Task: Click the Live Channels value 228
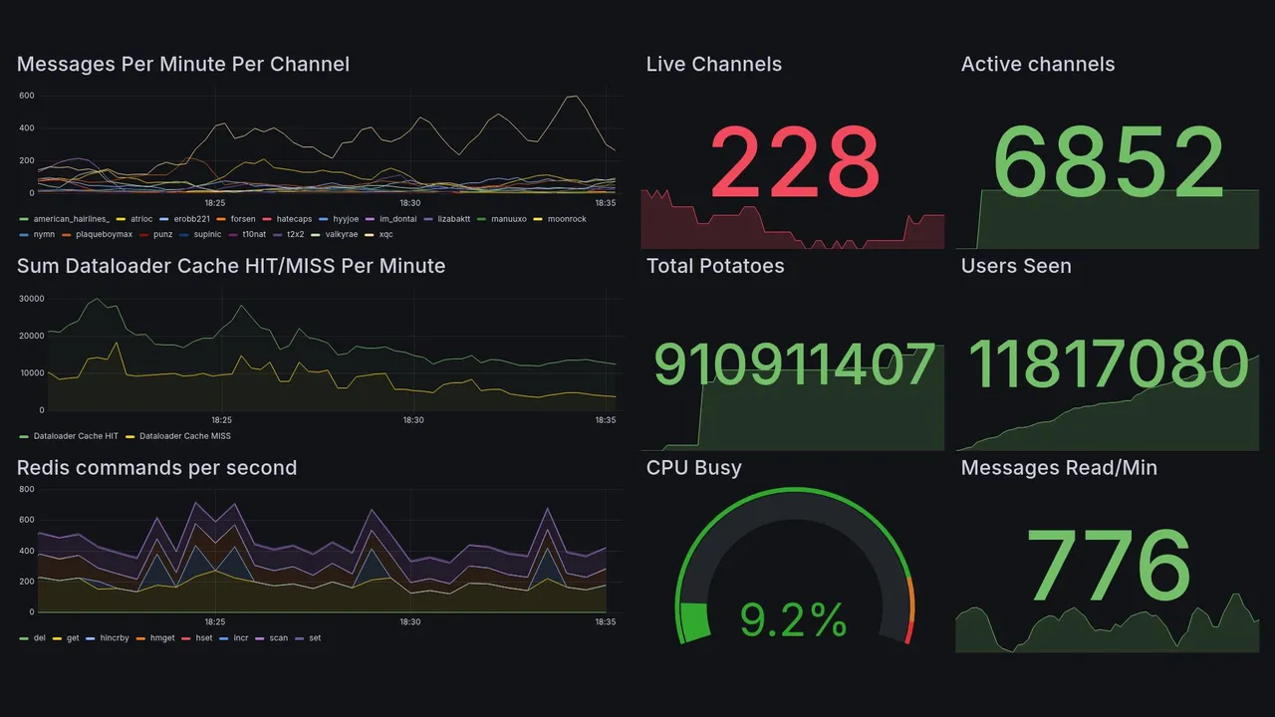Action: [794, 161]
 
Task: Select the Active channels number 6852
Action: [1109, 161]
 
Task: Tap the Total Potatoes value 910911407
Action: [794, 364]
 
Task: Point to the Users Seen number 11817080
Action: [1109, 364]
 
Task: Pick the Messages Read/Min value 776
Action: [1109, 566]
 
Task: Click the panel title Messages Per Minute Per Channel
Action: [183, 65]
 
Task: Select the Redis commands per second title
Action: [157, 468]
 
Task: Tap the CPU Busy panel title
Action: [694, 468]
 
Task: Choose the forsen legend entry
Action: [242, 219]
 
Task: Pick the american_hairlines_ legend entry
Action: [71, 219]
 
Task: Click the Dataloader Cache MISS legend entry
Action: [184, 436]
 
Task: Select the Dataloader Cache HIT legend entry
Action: [76, 436]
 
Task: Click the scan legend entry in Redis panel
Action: [278, 638]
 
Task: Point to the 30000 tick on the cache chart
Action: [32, 299]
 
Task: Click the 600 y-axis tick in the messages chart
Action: [27, 96]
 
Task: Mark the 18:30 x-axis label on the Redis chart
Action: [410, 622]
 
